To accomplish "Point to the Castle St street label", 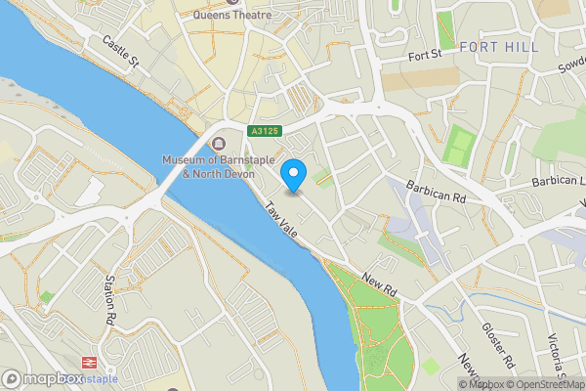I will tap(122, 53).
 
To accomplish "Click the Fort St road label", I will tap(426, 56).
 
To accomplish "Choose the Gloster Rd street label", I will tap(498, 346).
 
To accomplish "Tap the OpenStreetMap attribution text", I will tap(545, 384).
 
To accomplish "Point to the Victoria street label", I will tap(558, 358).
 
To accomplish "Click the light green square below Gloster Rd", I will tap(431, 365).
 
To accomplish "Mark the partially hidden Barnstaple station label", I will tap(103, 379).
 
